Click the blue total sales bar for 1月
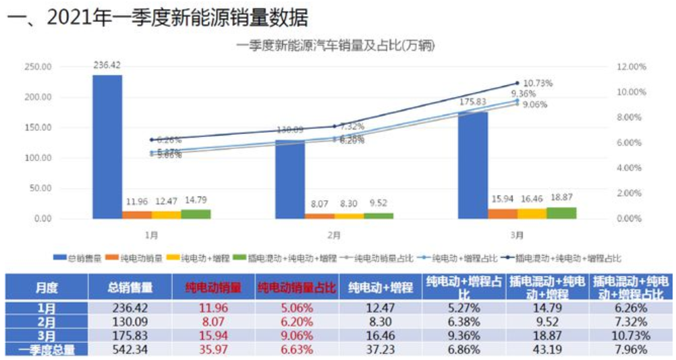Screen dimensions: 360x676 [107, 146]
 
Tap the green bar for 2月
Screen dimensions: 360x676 [378, 216]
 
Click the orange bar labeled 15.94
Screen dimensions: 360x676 [503, 214]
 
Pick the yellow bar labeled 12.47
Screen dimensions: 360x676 [166, 215]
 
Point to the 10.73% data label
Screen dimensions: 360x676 [538, 83]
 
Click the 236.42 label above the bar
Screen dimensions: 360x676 [107, 65]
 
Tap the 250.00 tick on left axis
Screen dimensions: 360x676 [38, 67]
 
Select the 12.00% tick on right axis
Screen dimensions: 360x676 [631, 67]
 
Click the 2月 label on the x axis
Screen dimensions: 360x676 [334, 235]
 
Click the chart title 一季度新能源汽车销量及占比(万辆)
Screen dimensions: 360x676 [335, 46]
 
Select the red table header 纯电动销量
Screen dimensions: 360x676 [213, 287]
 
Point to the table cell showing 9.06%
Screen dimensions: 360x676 [296, 335]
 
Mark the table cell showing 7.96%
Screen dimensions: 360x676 [630, 349]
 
